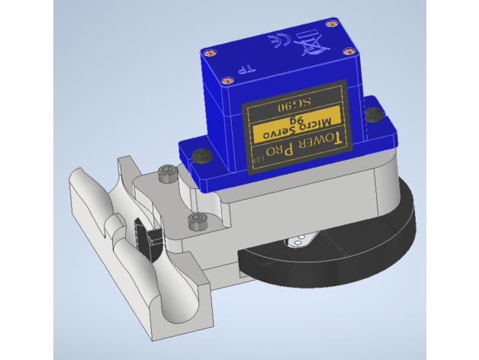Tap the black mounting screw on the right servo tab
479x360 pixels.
point(374,114)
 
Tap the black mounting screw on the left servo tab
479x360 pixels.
point(203,156)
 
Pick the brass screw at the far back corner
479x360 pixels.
point(333,23)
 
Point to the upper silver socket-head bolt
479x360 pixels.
point(166,173)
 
